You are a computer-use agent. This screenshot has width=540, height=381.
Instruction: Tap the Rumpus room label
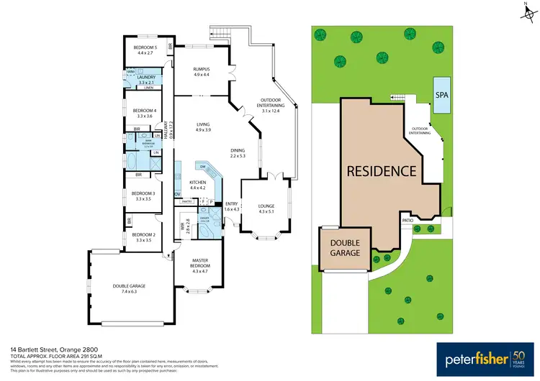coord(201,71)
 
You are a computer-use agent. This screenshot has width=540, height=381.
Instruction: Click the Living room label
coord(204,127)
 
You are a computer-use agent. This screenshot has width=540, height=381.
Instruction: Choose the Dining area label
coord(238,153)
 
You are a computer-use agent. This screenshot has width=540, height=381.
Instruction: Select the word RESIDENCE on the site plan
coord(382,171)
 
